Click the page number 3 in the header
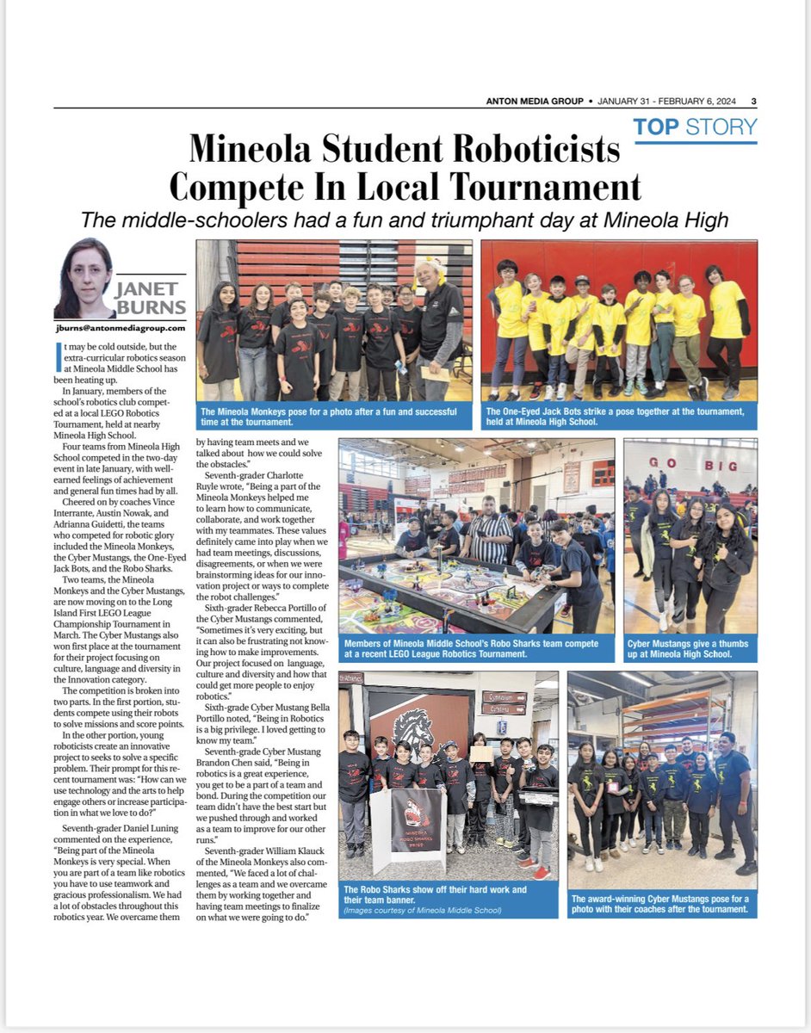(x=753, y=102)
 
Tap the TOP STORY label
(x=695, y=128)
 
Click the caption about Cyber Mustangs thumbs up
(x=690, y=647)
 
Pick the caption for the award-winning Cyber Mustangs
(x=661, y=903)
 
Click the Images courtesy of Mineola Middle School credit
(x=418, y=910)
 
